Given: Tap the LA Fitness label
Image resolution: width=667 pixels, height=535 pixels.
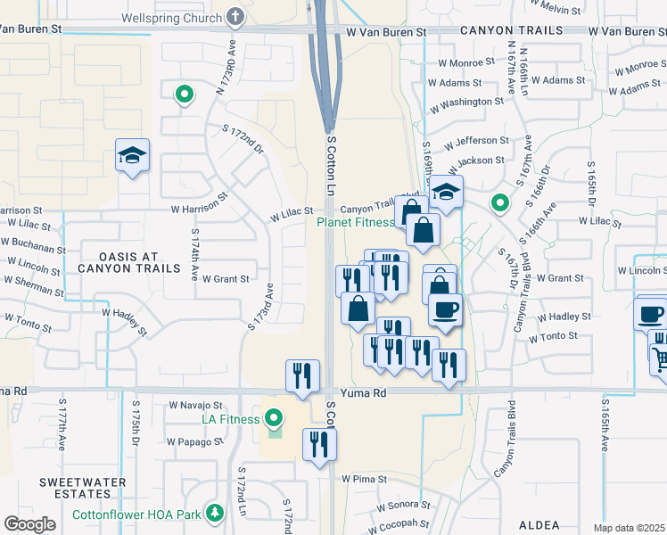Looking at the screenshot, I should [x=230, y=419].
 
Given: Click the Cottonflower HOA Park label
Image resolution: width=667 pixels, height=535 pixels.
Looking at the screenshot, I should [x=149, y=514].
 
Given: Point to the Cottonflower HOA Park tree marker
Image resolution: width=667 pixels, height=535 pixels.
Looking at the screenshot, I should [x=215, y=514].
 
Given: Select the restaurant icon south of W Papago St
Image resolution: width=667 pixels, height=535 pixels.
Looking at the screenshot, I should [x=317, y=444].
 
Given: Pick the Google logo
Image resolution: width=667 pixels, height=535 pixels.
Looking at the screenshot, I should [x=29, y=524].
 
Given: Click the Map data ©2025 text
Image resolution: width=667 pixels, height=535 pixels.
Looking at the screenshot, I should [x=630, y=528].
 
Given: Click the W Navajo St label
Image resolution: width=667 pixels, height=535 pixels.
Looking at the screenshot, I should [x=195, y=405].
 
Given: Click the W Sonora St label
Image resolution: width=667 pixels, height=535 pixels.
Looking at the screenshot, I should [x=399, y=506].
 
